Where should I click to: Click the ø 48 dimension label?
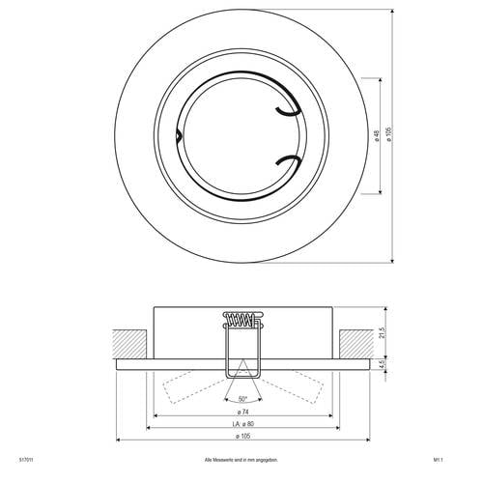point(375,136)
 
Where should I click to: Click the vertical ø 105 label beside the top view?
point(387,136)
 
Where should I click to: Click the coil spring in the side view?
point(241,318)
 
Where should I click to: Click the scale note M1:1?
point(437,461)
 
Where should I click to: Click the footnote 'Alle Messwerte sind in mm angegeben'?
point(241,461)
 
